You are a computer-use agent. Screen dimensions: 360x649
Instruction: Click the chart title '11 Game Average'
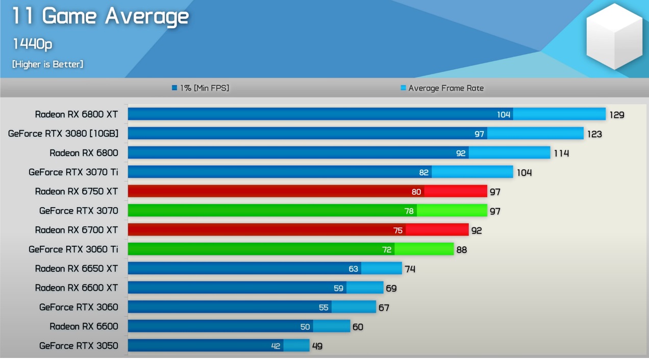tap(101, 17)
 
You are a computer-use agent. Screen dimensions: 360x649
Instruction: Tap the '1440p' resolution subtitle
tap(32, 44)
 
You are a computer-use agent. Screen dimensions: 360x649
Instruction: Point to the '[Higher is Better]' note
tap(47, 64)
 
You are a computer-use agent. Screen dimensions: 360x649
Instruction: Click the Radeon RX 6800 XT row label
tap(77, 114)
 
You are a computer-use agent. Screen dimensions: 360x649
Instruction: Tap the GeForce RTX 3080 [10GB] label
tap(63, 134)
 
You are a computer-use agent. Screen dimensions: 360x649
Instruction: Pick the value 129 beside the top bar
tap(616, 115)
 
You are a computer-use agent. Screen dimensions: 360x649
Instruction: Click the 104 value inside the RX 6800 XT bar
tap(504, 115)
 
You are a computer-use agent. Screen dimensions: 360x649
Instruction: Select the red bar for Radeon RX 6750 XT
tap(307, 191)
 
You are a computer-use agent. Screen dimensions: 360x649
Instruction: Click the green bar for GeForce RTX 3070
tap(307, 211)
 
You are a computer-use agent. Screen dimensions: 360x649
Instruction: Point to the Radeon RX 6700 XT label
tap(77, 230)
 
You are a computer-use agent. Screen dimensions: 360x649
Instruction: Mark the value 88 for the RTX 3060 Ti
tap(461, 250)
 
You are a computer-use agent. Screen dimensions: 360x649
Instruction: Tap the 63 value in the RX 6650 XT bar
tap(353, 269)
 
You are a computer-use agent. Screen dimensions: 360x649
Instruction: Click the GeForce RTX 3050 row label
tap(79, 346)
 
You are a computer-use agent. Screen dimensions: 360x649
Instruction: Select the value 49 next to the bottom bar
tap(317, 346)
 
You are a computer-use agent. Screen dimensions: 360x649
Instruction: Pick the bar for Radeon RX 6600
tap(239, 326)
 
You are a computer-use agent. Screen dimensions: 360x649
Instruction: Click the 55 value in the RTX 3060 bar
tap(323, 307)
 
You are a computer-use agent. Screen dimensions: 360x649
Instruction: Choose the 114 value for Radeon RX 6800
tap(561, 153)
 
